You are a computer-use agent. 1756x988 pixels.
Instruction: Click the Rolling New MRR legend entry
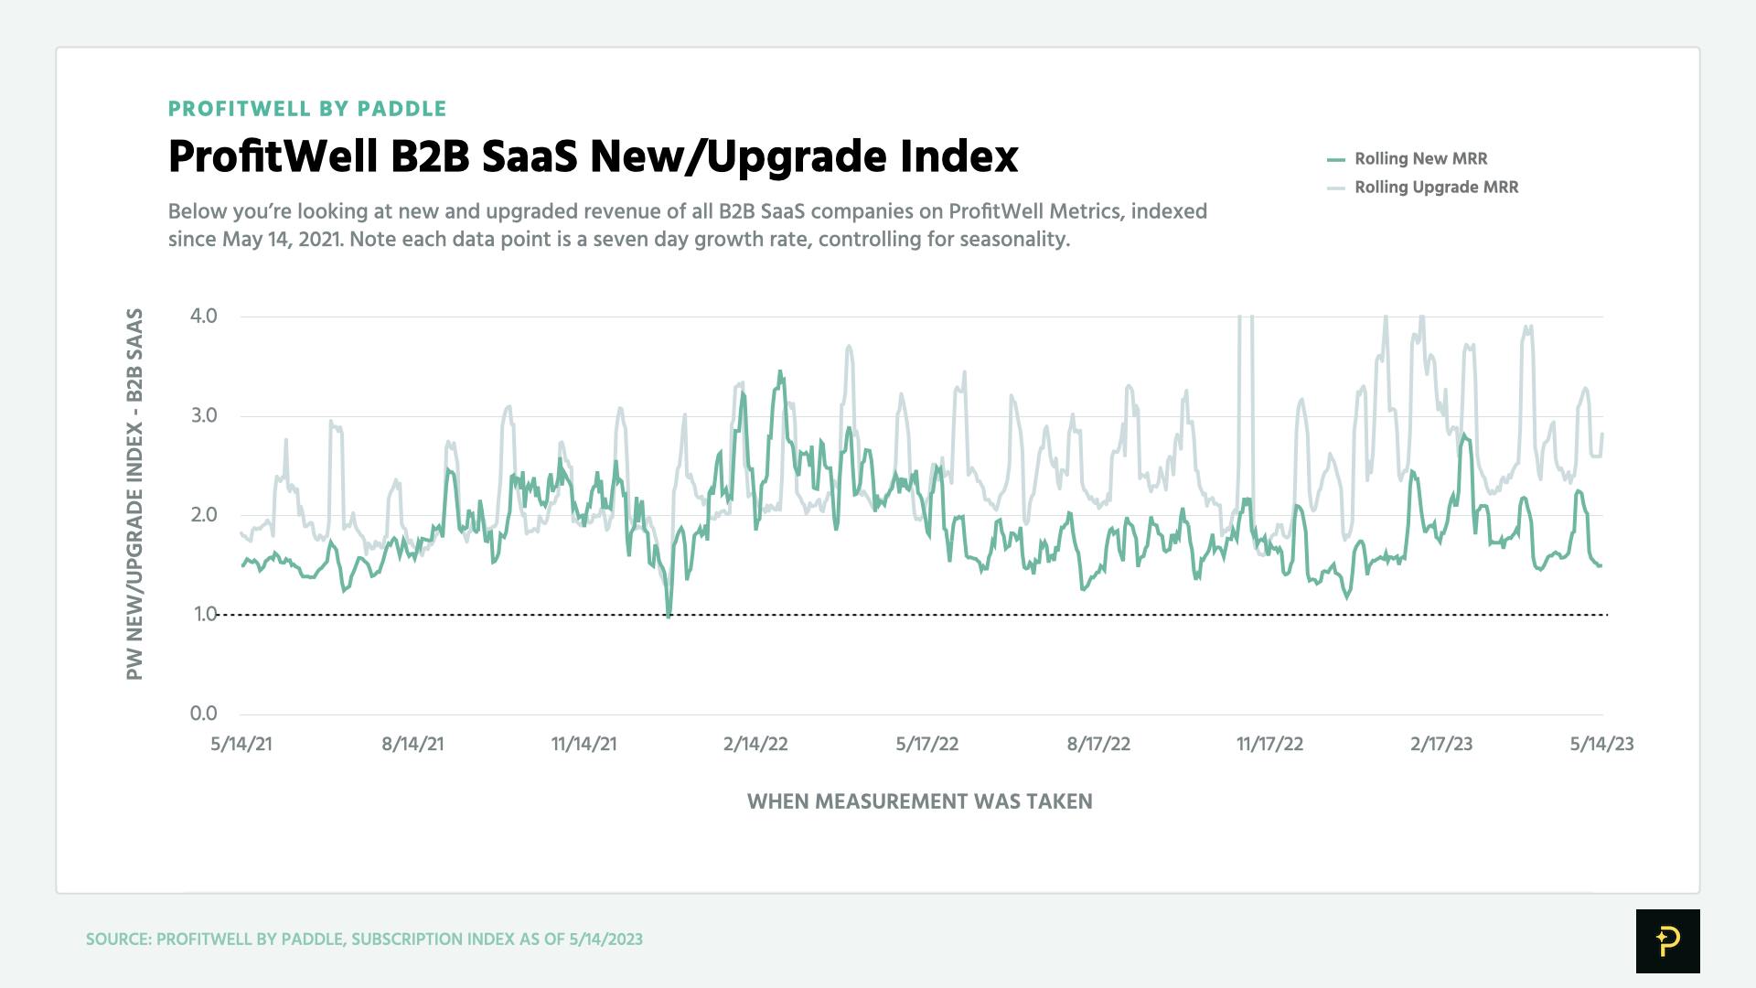click(1419, 159)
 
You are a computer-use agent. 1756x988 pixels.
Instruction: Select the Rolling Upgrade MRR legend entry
click(1435, 188)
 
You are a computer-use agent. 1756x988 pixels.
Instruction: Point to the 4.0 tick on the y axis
click(203, 317)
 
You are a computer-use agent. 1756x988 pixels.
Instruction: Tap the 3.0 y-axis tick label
click(203, 416)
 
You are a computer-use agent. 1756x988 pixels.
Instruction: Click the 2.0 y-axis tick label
click(203, 515)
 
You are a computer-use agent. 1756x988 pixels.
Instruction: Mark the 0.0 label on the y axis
click(203, 714)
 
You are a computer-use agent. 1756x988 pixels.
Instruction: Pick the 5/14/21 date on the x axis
click(241, 745)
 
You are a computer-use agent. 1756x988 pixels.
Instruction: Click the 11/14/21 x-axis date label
click(584, 745)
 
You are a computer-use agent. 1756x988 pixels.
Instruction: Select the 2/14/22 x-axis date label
click(755, 745)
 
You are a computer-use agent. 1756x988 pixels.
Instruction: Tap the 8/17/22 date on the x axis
click(1098, 745)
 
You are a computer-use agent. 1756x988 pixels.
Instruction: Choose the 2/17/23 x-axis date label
click(1441, 745)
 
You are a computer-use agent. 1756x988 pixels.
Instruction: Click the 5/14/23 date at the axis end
click(1601, 745)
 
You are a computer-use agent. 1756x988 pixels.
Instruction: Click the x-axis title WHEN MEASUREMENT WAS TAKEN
click(919, 802)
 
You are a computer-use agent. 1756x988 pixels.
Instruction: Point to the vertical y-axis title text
click(134, 494)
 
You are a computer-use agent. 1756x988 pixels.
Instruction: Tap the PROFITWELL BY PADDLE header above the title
click(307, 109)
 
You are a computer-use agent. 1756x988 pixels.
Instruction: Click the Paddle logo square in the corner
click(1667, 940)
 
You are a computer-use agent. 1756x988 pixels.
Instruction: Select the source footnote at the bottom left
click(364, 940)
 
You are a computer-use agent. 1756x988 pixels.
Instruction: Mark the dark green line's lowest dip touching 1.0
click(669, 615)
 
